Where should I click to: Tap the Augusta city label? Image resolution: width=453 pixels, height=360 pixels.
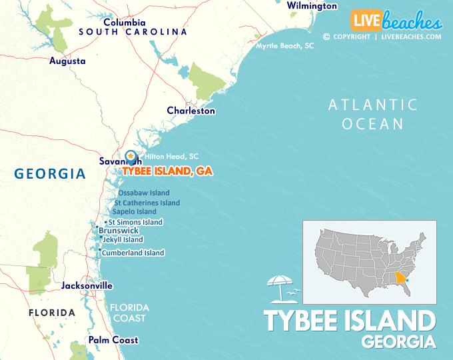point(67,61)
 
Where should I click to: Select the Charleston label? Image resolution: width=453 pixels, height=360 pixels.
point(191,111)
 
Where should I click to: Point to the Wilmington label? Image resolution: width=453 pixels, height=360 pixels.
point(312,6)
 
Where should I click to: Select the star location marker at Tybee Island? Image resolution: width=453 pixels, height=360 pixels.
point(131,156)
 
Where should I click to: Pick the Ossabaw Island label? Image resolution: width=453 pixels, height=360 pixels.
point(143,193)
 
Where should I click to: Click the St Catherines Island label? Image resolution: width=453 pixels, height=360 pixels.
point(147,203)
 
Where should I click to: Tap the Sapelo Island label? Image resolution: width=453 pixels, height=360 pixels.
point(134,212)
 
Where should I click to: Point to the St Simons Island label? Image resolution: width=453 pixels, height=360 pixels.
point(135,222)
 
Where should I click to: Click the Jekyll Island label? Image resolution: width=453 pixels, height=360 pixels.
point(123,239)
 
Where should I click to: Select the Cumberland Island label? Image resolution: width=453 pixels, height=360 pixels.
point(133,253)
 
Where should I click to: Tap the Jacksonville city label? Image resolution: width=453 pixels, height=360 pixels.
point(87,285)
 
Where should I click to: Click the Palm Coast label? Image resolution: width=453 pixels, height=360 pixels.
point(113,340)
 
